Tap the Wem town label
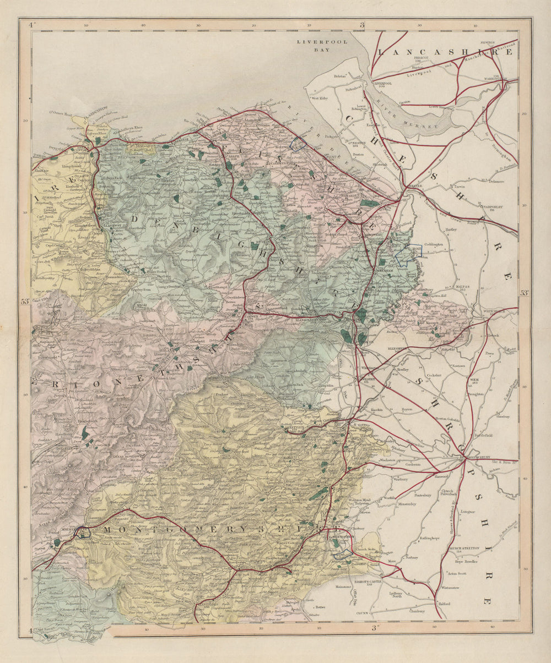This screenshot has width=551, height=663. (x=475, y=380)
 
